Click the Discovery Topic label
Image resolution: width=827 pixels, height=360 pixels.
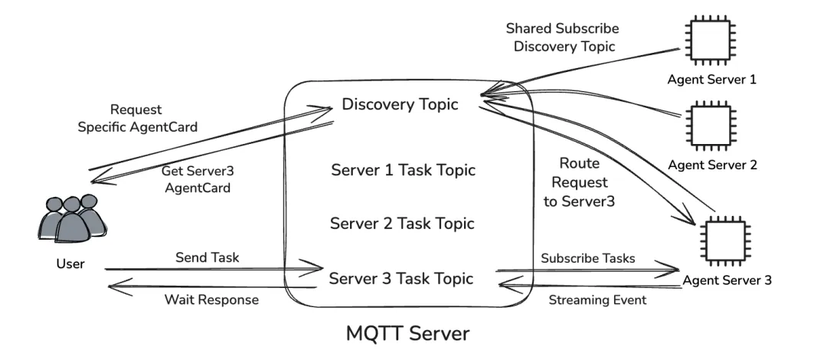coord(400,104)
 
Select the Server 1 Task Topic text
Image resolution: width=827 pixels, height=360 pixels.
coord(404,170)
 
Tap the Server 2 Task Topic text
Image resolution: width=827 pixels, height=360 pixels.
coord(403,224)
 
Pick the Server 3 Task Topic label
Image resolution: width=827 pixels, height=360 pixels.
coord(401,278)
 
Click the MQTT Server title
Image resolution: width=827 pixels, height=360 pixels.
coord(407,334)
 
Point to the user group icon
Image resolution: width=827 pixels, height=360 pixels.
coord(72,218)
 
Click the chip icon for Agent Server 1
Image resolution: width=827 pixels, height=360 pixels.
coord(710,41)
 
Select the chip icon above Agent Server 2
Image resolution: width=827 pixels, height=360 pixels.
coord(710,125)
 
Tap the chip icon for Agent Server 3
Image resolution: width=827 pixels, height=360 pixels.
coord(724,241)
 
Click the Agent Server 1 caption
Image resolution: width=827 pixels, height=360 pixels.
coord(711,80)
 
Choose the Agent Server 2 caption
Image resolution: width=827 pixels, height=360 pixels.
coord(713,165)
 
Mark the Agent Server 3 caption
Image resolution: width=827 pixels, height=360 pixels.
coord(727,280)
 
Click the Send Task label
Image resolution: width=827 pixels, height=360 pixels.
coord(208,257)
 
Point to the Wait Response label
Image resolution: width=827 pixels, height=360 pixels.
coord(211,299)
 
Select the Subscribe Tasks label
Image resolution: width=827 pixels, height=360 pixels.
coord(588,258)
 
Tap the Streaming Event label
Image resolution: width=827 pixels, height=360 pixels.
coord(597,299)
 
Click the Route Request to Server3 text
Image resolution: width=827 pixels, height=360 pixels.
coord(579,182)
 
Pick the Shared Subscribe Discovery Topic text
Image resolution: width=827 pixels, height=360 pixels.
coord(564,37)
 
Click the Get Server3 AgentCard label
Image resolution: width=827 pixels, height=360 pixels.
coord(198,179)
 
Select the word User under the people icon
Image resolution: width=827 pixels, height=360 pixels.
coord(70,264)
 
